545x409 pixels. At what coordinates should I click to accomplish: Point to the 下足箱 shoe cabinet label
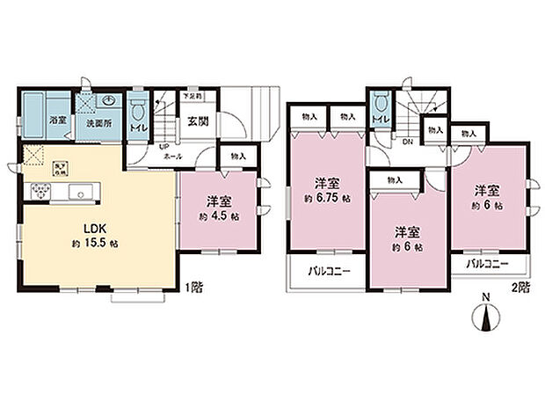coord(193,94)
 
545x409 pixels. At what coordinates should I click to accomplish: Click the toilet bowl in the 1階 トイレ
coord(137,109)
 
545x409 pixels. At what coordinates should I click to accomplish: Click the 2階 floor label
coord(522,287)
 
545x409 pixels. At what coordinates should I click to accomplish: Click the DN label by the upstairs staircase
coord(408,140)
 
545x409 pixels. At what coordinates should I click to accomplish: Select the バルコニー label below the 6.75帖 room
coord(326,272)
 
